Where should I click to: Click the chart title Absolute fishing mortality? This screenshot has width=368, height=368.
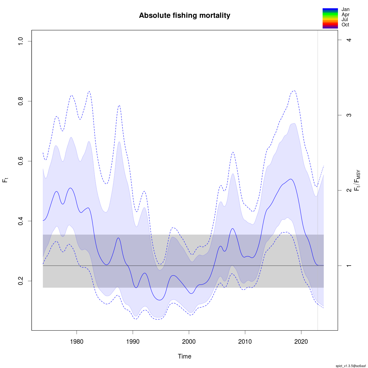184,15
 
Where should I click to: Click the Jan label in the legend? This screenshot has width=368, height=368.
345,10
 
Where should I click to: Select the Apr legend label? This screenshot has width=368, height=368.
345,14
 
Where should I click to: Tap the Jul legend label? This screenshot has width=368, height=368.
345,20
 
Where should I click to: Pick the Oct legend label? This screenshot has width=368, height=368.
345,25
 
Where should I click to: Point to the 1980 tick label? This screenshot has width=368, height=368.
77,342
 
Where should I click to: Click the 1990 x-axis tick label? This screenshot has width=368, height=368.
133,342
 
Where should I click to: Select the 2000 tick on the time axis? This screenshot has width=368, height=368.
189,342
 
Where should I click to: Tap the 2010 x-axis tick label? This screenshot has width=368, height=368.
245,342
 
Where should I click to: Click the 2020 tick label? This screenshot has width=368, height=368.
301,342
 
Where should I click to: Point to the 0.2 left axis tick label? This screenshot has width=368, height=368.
21,281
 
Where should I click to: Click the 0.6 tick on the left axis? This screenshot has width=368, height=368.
21,161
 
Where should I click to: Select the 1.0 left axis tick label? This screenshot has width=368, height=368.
21,41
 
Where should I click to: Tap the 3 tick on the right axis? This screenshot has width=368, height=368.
348,115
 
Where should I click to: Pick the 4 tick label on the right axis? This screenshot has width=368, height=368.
348,40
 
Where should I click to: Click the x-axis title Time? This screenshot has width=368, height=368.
184,356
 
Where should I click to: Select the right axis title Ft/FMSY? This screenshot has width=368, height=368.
357,181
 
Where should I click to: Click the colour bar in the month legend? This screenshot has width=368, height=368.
330,18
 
